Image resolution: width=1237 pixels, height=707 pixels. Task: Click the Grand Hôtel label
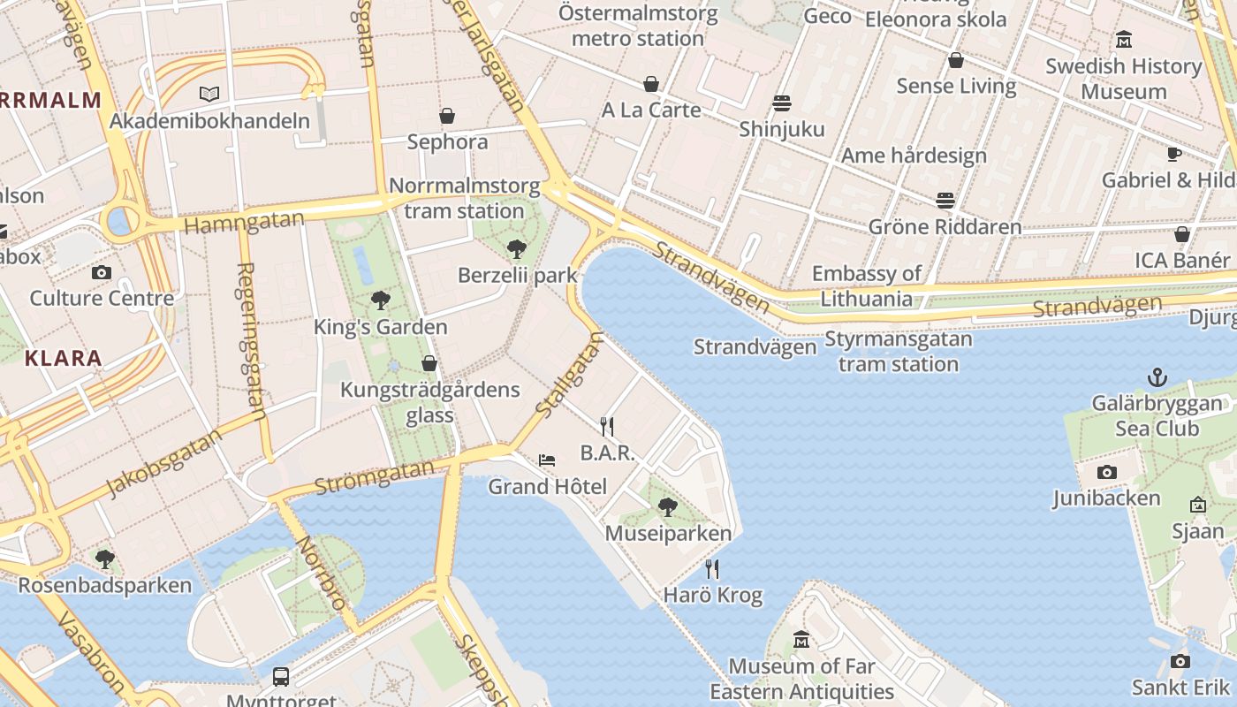click(548, 486)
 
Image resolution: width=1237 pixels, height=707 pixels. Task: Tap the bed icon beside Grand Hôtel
click(547, 460)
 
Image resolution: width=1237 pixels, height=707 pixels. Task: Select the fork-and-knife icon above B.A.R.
click(607, 427)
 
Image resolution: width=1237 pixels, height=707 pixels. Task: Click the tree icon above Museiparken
click(668, 507)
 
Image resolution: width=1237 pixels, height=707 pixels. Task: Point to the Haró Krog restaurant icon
click(712, 569)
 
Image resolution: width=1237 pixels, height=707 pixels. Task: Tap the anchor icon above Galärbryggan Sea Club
click(1157, 378)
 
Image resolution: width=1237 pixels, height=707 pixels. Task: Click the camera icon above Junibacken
click(1106, 473)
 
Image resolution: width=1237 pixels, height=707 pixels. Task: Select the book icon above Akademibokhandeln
click(209, 94)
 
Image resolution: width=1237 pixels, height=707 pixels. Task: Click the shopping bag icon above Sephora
click(447, 116)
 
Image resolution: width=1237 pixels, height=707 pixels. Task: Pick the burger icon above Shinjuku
click(782, 103)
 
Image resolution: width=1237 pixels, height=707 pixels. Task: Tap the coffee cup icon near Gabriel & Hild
click(1173, 155)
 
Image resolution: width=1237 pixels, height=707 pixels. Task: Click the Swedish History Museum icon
click(1124, 40)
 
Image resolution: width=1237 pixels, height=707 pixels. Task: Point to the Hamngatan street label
click(244, 221)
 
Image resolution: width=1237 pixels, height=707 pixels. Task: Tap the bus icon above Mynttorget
click(281, 677)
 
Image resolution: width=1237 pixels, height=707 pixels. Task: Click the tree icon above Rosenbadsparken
click(104, 559)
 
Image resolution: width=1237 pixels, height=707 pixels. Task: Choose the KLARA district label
click(64, 358)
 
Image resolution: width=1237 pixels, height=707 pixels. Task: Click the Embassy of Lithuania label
click(867, 285)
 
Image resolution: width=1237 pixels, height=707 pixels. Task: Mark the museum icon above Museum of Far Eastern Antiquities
click(801, 639)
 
